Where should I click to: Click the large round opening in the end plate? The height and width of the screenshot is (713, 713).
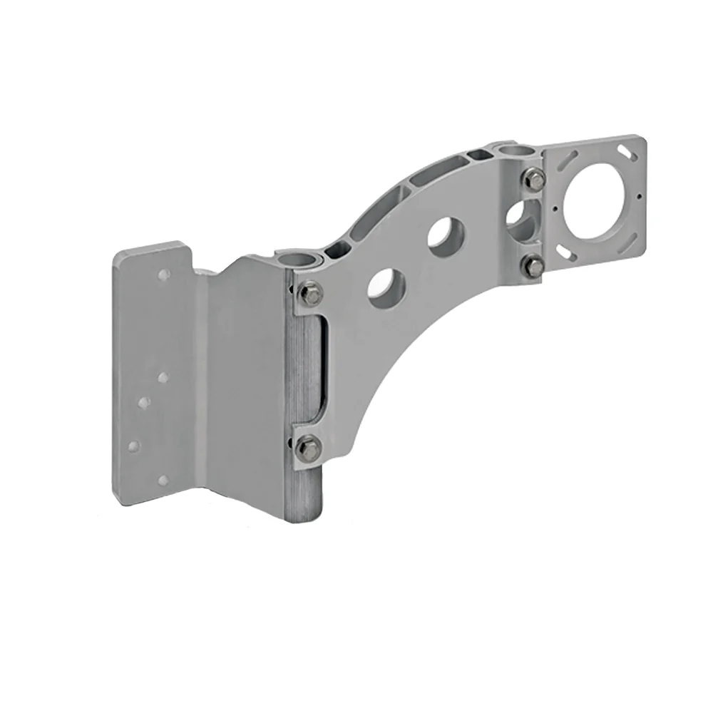point(596,202)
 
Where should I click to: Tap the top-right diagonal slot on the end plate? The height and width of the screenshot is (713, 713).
point(628,152)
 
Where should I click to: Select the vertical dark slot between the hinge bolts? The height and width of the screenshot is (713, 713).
point(322,367)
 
